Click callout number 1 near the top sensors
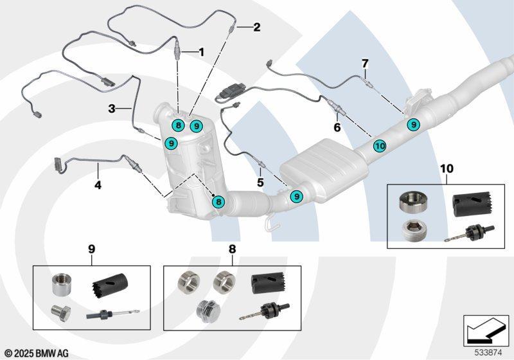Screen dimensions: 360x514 pyautogui.click(x=201, y=51)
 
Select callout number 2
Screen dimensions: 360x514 pyautogui.click(x=256, y=27)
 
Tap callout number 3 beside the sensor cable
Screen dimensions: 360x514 pyautogui.click(x=111, y=109)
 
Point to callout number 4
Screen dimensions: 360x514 pyautogui.click(x=98, y=186)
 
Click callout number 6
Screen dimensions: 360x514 pyautogui.click(x=337, y=128)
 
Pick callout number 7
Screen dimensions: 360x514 pyautogui.click(x=365, y=64)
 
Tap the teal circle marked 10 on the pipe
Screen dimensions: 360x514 pyautogui.click(x=379, y=146)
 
